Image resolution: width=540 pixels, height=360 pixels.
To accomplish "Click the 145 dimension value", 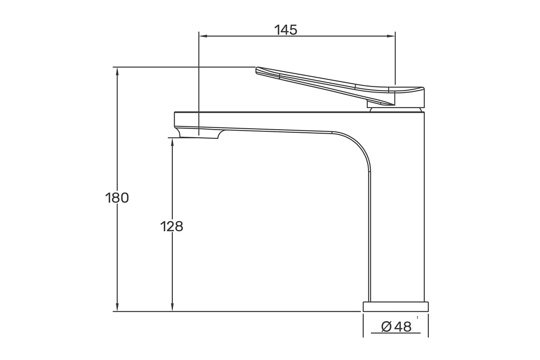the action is pos(286,30).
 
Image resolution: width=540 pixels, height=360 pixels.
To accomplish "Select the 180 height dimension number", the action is pos(117,198).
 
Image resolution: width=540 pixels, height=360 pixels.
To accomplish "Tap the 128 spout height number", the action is pos(171,227).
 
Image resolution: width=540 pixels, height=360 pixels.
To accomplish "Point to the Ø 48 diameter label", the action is pos(396,327).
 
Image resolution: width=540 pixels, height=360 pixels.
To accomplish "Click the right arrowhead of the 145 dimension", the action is pos(391,36).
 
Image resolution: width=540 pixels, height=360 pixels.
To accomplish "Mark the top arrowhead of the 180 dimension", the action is pos(117,72).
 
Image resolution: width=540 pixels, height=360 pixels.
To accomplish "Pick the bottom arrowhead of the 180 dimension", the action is pos(117,307).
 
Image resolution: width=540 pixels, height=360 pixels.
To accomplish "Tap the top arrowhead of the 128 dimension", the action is pos(172,143).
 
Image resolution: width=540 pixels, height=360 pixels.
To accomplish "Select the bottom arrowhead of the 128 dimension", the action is pos(172,307).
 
